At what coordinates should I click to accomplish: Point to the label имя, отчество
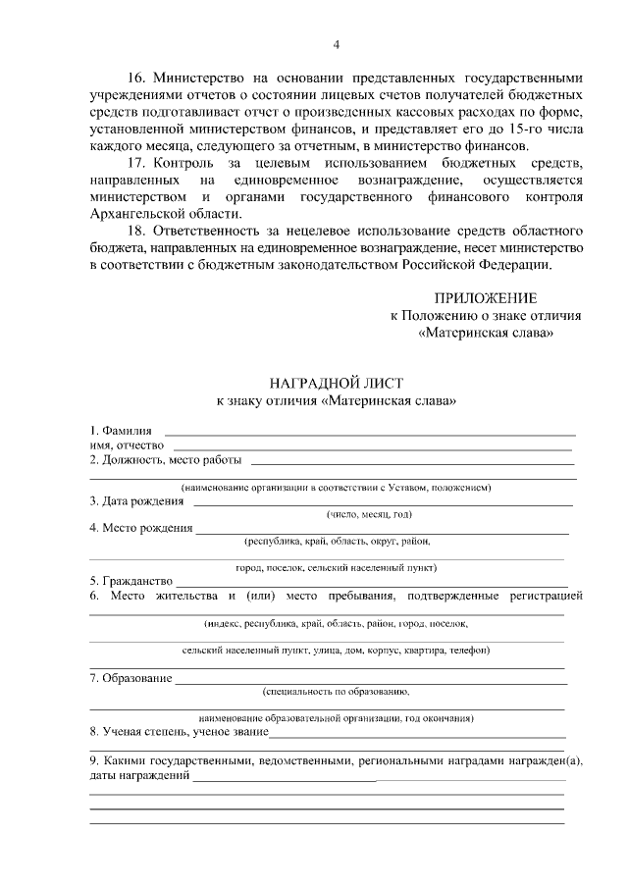(x=127, y=445)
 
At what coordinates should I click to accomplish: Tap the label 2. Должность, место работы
(x=166, y=459)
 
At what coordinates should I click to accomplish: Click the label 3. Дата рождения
(x=136, y=500)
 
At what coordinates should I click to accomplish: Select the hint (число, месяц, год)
(x=369, y=514)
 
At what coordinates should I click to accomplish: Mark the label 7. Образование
(x=131, y=677)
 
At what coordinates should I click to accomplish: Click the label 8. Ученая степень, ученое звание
(x=178, y=731)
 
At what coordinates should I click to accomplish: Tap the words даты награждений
(x=138, y=776)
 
